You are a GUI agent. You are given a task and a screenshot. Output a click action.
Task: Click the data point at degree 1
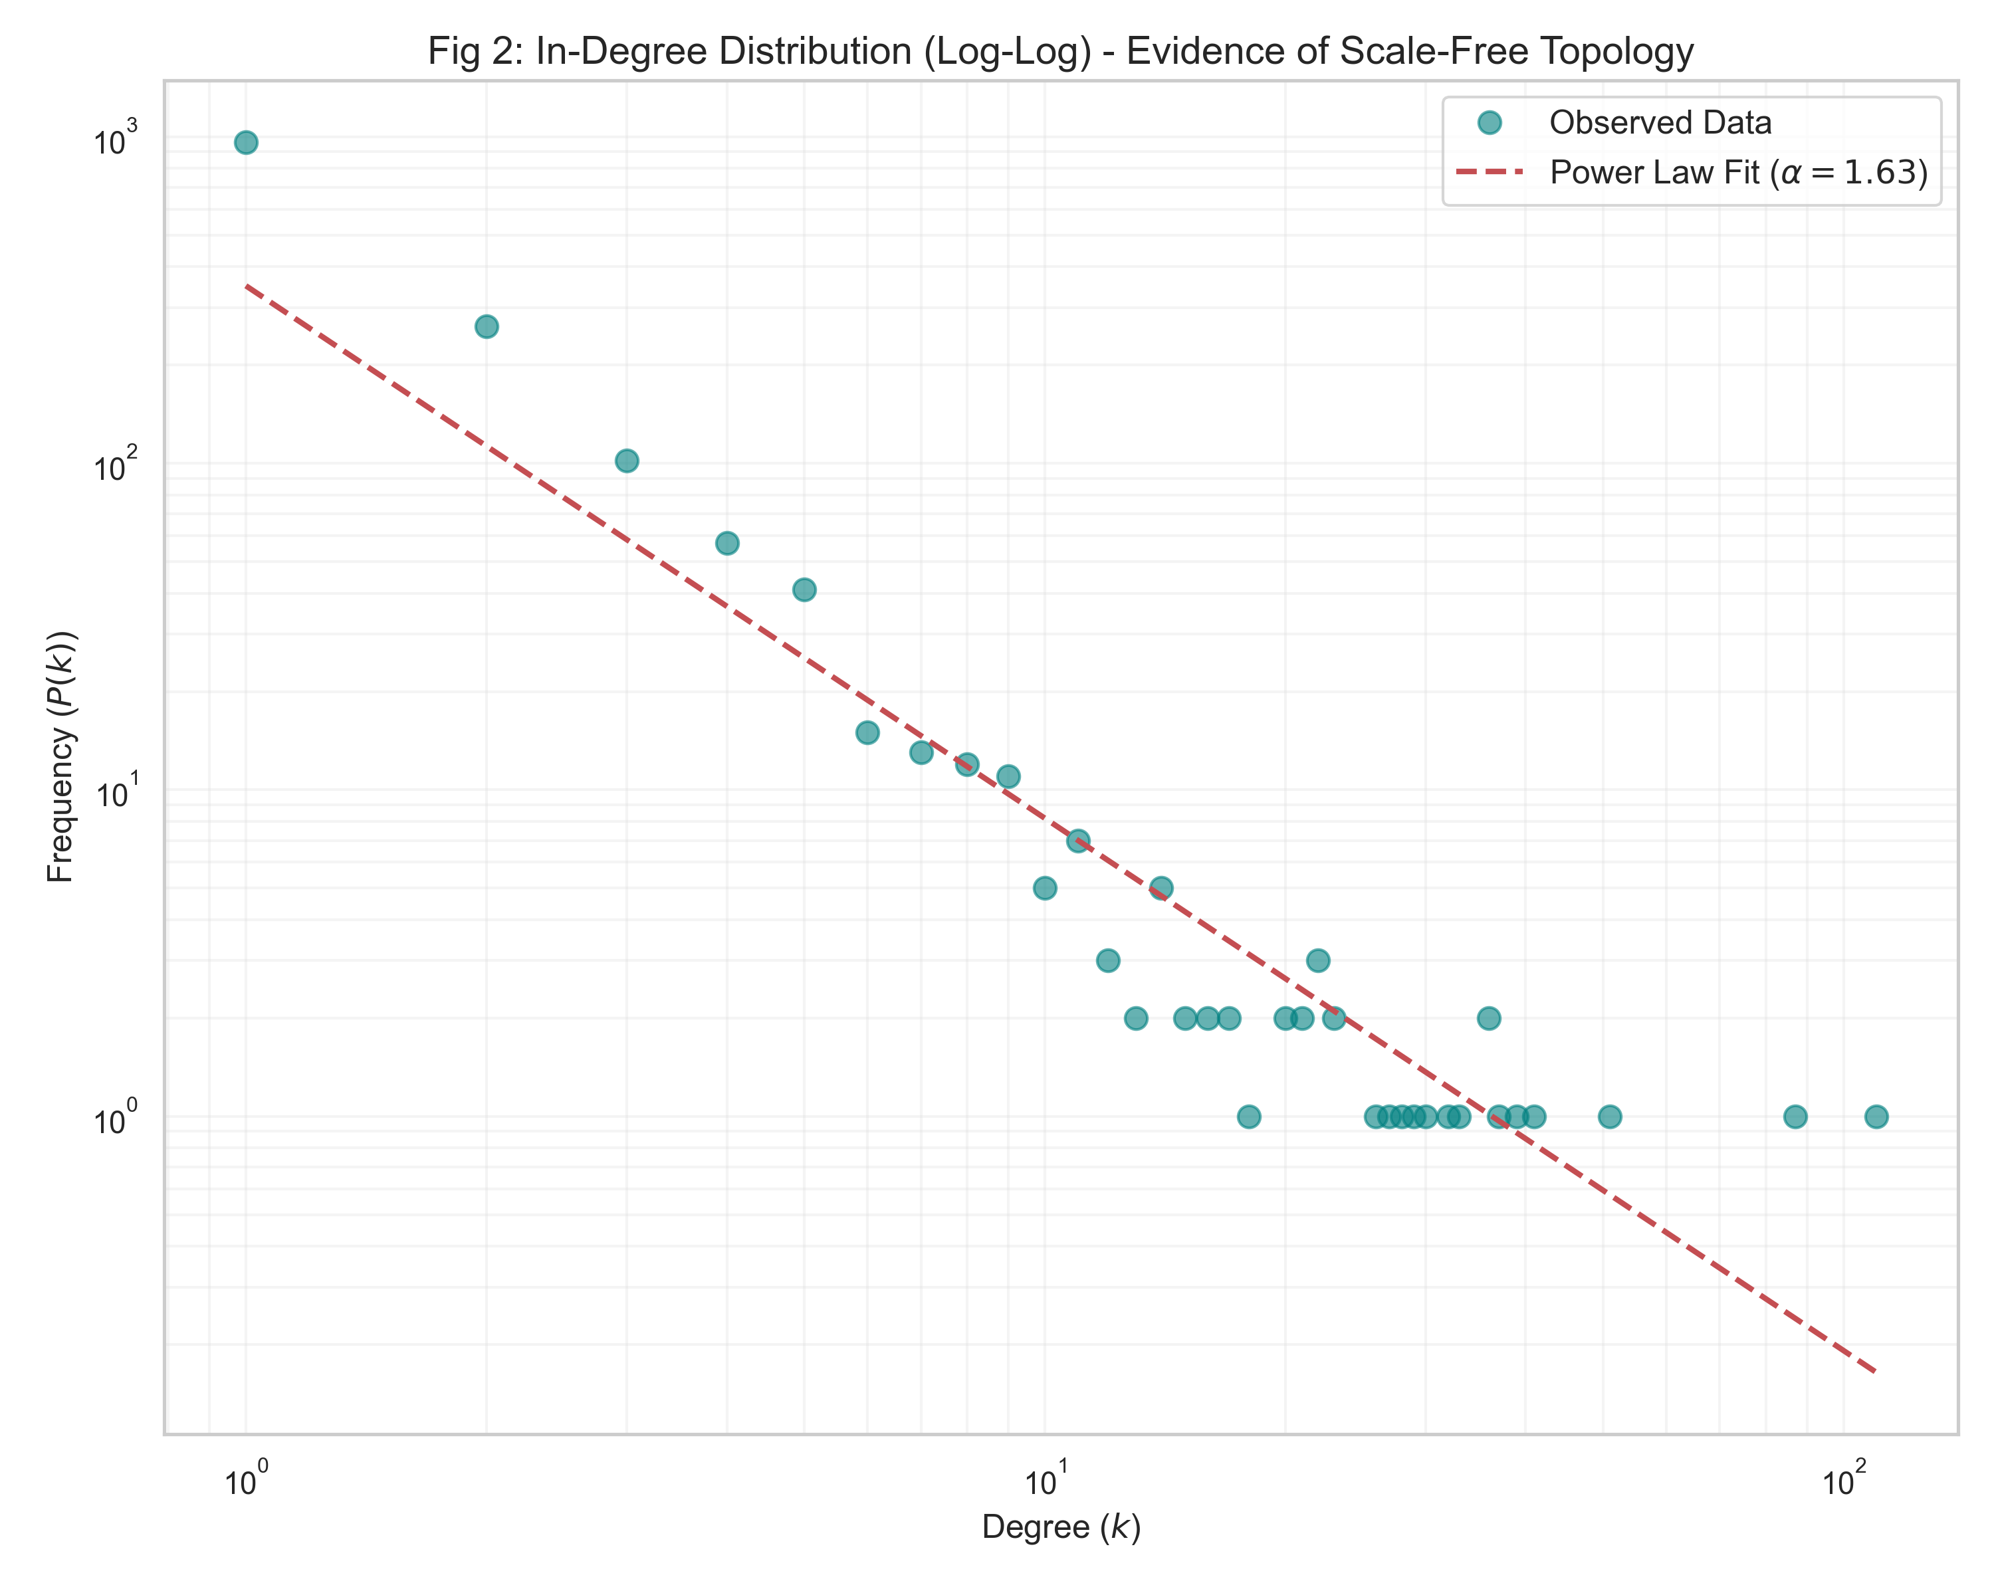point(246,142)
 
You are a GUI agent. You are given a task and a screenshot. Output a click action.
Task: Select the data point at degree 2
point(487,326)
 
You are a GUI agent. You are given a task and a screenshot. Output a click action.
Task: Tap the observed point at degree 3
point(627,461)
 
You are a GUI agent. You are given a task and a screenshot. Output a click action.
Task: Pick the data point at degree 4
point(728,543)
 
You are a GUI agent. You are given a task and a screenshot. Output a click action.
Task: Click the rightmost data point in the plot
point(1876,1116)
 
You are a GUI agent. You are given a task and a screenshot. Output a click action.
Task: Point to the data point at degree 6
point(867,732)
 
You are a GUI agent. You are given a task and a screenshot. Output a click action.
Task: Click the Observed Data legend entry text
point(1660,123)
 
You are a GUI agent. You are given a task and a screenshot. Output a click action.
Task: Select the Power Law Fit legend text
point(1739,173)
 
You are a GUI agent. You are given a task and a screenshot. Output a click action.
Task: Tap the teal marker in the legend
point(1489,122)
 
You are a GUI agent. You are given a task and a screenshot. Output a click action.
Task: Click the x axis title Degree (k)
point(1061,1527)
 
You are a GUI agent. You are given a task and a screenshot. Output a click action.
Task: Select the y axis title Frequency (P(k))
point(61,756)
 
